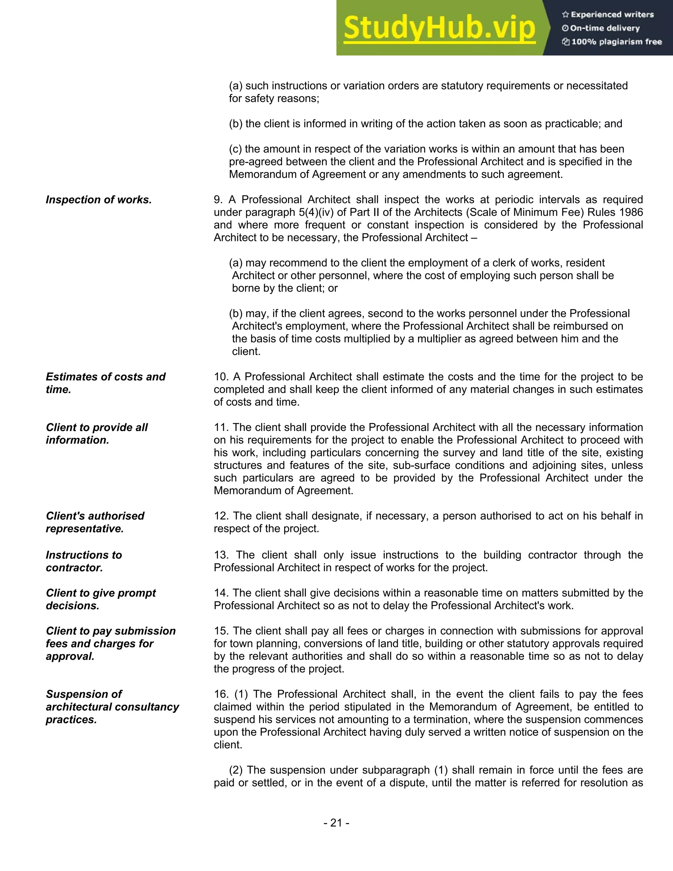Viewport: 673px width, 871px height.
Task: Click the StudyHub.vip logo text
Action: tap(439, 28)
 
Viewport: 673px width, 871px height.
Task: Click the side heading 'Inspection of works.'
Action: tap(99, 200)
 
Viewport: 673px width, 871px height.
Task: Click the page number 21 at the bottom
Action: tap(336, 822)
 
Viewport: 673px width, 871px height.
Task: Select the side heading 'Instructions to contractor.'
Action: tap(84, 561)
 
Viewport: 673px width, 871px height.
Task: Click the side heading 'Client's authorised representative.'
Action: tap(95, 522)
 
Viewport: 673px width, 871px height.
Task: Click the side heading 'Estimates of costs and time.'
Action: tap(105, 383)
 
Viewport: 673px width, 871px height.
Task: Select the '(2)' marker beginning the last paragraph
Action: tap(236, 770)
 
